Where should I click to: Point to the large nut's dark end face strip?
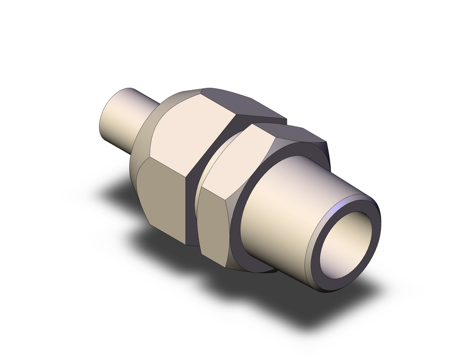click(192, 205)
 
